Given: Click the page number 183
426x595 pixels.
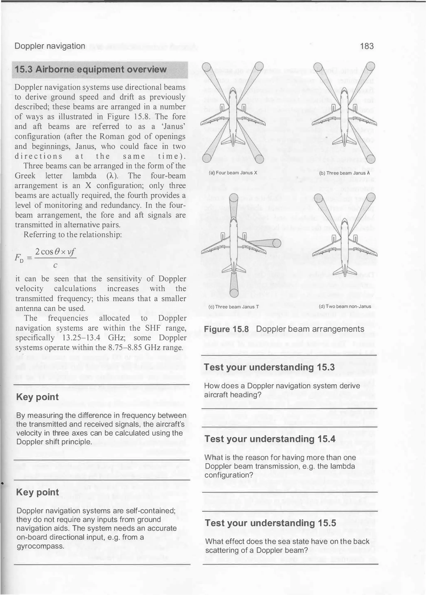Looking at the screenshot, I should tap(367, 46).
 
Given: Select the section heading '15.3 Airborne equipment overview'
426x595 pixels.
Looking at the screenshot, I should tap(90, 69).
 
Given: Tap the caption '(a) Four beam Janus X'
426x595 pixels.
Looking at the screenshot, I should tap(233, 173).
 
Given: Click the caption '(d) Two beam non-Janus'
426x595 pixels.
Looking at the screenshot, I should tap(345, 306).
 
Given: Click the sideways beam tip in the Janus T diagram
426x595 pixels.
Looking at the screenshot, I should tap(276, 243).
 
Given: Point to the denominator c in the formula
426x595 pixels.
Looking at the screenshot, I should tap(55, 265).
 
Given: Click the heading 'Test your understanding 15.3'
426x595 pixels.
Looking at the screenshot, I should tap(269, 367).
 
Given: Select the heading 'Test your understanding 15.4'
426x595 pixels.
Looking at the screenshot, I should tap(270, 439).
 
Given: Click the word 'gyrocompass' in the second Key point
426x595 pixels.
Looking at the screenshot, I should tap(40, 546).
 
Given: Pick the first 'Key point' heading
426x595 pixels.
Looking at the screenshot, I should tap(37, 397).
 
